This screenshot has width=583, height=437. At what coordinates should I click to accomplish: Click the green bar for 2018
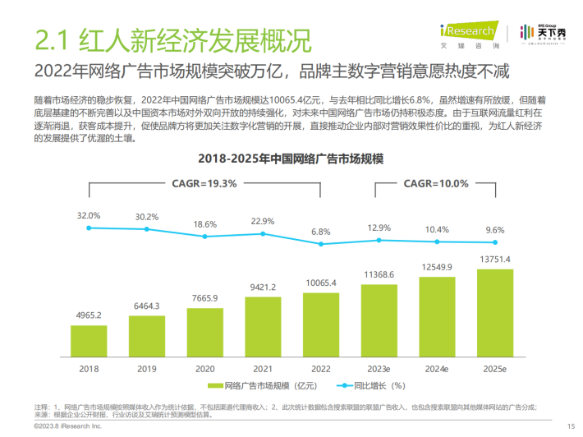89,338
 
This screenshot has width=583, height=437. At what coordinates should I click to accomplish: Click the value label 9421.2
263,287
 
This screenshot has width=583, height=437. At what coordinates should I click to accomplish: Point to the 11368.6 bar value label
379,274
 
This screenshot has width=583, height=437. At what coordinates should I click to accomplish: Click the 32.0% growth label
89,215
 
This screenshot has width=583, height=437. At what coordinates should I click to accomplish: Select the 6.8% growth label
321,232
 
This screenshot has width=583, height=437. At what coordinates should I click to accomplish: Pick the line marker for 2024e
437,241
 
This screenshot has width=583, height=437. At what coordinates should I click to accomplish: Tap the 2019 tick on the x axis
147,369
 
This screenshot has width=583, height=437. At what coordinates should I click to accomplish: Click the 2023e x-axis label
379,369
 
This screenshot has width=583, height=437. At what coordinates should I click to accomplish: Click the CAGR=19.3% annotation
204,183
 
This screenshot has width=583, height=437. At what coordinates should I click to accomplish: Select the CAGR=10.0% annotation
437,183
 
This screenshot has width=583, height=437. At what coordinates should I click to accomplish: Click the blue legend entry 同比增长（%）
374,384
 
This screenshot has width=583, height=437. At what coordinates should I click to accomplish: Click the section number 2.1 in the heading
52,38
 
